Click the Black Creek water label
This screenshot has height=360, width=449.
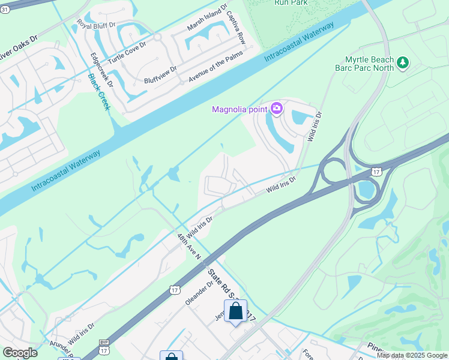click(x=98, y=92)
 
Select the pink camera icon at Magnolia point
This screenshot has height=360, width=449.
click(x=277, y=109)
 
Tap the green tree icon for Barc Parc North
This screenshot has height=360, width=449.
click(x=403, y=62)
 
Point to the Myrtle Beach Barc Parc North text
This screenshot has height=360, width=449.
click(x=370, y=64)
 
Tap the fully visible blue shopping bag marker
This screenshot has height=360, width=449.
click(x=235, y=312)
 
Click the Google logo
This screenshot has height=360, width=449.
click(x=20, y=353)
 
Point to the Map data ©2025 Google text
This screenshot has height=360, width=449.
click(x=412, y=355)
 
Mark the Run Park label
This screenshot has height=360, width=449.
click(x=292, y=2)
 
